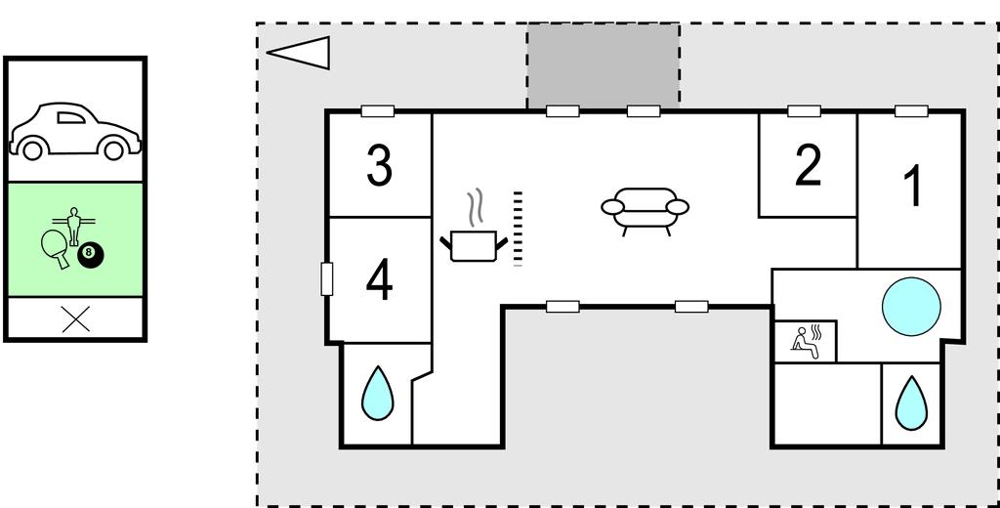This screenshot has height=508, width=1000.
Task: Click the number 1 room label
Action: click(x=912, y=186)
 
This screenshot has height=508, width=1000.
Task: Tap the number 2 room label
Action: click(x=808, y=166)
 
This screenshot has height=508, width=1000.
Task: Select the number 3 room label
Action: click(x=379, y=166)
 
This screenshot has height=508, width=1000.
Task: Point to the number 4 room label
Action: click(x=379, y=281)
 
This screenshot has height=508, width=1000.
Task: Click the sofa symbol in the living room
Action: click(x=645, y=208)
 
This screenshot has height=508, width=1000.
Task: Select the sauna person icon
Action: click(x=807, y=341)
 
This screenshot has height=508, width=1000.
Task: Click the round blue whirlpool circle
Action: click(x=911, y=306)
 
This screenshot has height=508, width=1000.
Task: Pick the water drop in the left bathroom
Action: click(x=377, y=393)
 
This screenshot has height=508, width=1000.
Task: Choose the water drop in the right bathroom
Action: click(x=911, y=402)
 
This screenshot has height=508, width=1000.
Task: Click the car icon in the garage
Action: click(x=74, y=131)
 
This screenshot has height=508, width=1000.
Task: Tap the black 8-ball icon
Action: click(x=90, y=254)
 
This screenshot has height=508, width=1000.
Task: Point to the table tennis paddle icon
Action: click(x=55, y=245)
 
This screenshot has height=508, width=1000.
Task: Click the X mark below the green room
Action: click(x=75, y=318)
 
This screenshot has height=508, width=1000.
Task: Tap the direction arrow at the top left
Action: click(x=299, y=52)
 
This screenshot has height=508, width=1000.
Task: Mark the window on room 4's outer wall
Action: click(x=327, y=278)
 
